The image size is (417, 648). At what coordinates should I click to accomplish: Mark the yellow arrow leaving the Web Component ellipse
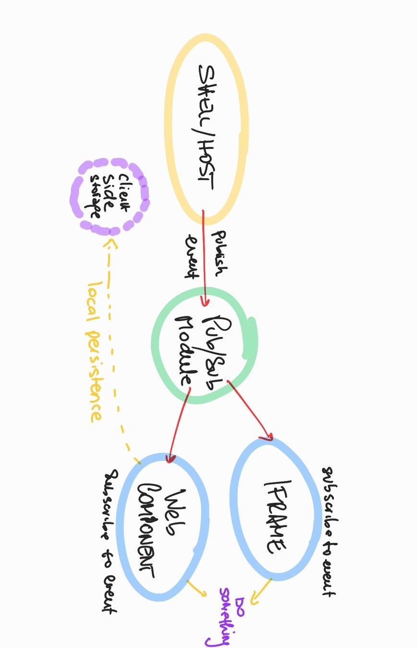(x=196, y=588)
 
